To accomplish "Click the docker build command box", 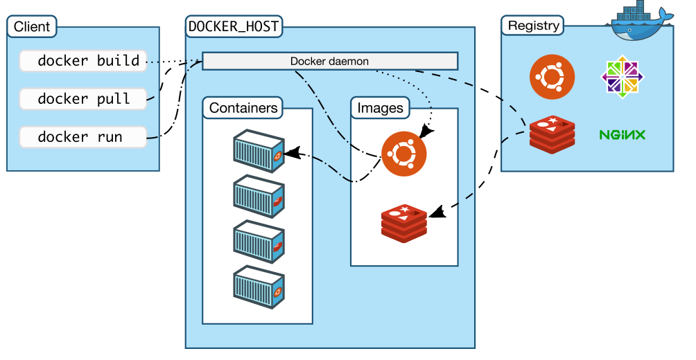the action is pos(83,61).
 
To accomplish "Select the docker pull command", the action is pos(83,99).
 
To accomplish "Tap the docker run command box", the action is pos(83,137).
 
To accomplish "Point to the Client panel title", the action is pos(32,26).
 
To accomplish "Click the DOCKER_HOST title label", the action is pos(234,26).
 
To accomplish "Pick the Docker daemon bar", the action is pos(330,61).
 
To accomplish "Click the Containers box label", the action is pos(243,108).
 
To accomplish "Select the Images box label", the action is pos(380,108).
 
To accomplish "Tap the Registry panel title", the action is pos(533,26).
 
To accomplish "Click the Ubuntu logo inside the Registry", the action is pos(553,77).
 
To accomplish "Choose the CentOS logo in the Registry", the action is pos(623,77).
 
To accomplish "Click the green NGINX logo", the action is pos(623,135).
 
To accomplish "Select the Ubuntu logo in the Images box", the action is pos(404,154).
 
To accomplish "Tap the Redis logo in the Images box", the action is pos(404,224).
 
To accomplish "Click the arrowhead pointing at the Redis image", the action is pos(437,213).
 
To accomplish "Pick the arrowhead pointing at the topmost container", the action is pos(293,154).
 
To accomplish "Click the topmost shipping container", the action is pos(259,151).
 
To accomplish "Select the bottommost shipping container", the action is pos(259,287).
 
